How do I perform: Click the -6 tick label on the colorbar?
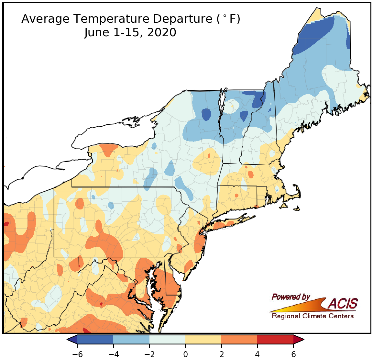tap(77, 354)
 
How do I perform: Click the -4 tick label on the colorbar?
tap(113, 354)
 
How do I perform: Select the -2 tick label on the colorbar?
tap(149, 354)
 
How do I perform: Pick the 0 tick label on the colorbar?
tap(185, 354)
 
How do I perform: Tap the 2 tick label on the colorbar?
tap(221, 354)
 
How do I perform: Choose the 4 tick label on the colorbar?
tap(257, 354)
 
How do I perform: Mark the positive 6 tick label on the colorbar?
tap(293, 354)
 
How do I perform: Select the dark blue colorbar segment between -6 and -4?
tap(95, 339)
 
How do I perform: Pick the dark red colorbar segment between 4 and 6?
tap(275, 339)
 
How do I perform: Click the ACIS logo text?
tap(343, 304)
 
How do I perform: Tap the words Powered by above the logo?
tap(291, 297)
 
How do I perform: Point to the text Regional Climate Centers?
tap(313, 316)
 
